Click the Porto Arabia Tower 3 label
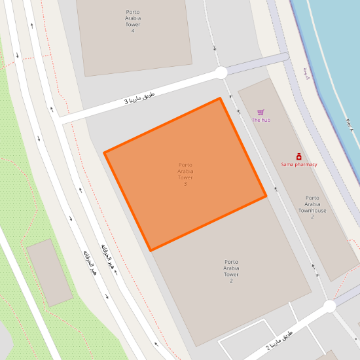pos(185,174)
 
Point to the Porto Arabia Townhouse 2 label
pos(312,207)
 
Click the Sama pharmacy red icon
pos(298,157)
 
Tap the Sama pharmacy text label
pos(299,164)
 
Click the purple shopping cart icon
pos(261,113)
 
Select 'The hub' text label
pos(261,120)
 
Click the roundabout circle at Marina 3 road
pos(221,73)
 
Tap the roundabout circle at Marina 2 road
pos(329,306)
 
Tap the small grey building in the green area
pos(50,272)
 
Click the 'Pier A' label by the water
pos(349,126)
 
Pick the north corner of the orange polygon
pos(220,98)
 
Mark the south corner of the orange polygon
pos(151,250)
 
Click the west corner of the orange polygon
pos(105,153)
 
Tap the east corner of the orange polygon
pos(266,196)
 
